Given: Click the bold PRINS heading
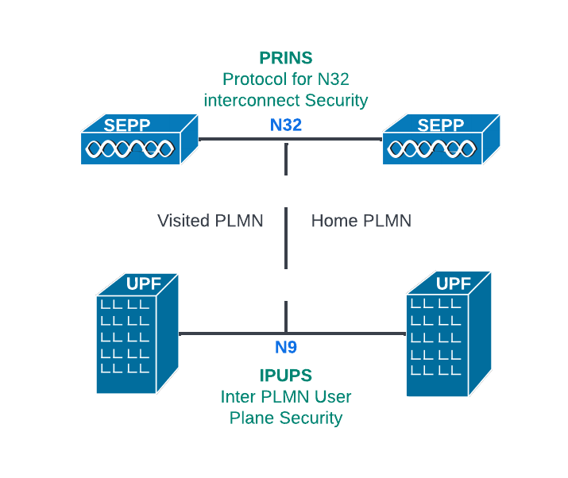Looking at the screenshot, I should click(x=286, y=58).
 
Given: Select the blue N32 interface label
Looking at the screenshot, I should click(x=286, y=125).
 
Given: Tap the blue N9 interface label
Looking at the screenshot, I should click(x=286, y=347).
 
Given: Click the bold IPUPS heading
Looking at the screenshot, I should click(x=285, y=376).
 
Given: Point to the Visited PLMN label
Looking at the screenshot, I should click(x=210, y=221).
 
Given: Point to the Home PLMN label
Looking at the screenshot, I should click(x=361, y=221).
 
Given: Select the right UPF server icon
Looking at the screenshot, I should click(x=446, y=333).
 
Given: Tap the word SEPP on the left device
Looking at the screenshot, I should click(x=127, y=125).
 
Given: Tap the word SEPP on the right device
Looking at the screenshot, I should click(x=440, y=125).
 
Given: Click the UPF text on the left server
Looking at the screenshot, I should click(x=143, y=283).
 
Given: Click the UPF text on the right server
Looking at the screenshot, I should click(x=454, y=283).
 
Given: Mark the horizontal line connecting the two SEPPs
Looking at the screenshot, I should click(x=238, y=139).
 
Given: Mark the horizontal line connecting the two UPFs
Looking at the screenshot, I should click(x=230, y=333).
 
